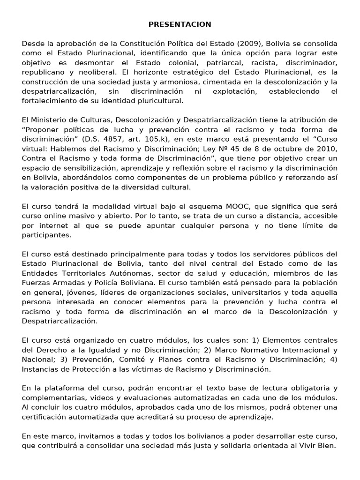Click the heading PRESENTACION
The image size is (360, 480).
point(180,24)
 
